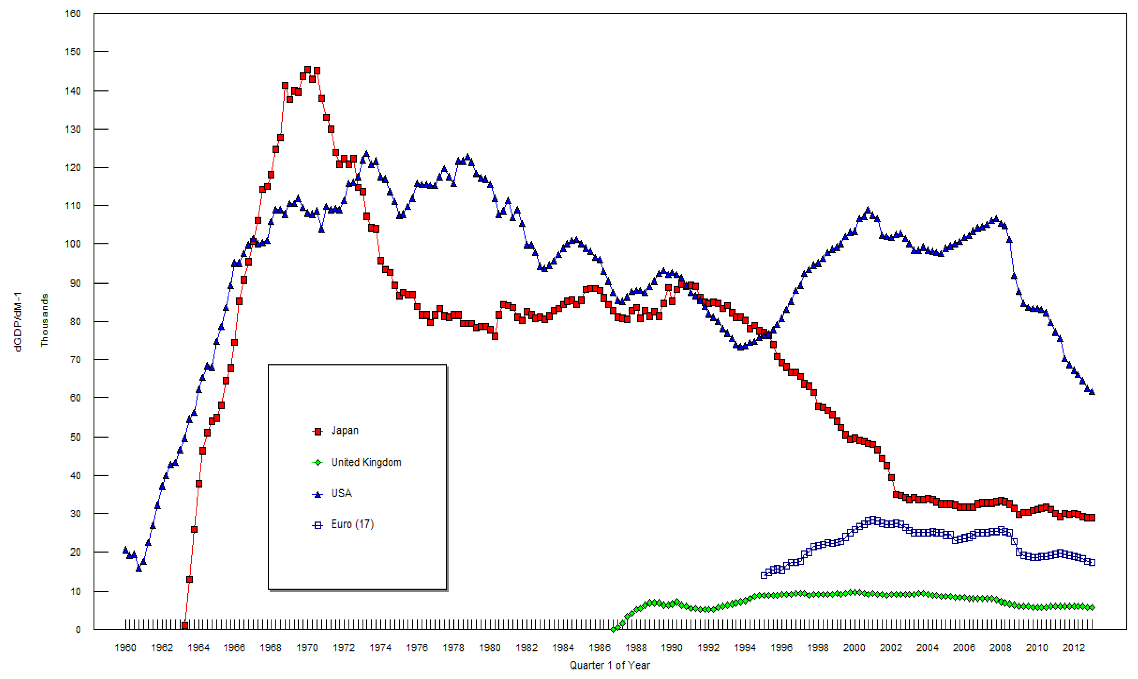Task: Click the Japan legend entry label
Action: click(x=345, y=431)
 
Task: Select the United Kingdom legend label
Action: click(x=366, y=462)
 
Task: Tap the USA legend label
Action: click(x=342, y=493)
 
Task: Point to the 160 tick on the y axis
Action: click(x=73, y=14)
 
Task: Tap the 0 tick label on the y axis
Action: click(x=78, y=630)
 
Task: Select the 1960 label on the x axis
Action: click(x=125, y=647)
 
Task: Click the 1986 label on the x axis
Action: click(x=599, y=647)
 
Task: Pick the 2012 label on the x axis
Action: click(x=1074, y=647)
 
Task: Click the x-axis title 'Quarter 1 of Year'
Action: click(x=610, y=665)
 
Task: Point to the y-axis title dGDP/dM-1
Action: click(x=18, y=322)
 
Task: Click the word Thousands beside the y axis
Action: click(x=44, y=320)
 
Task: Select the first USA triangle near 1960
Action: click(x=125, y=550)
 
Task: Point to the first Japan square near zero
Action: click(x=185, y=625)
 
